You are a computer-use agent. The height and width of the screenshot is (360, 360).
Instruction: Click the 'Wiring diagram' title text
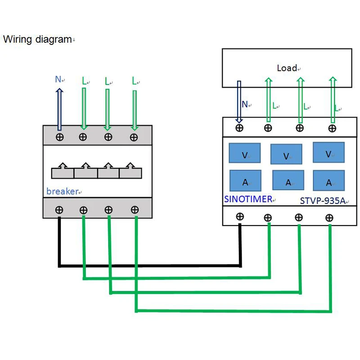pos(37,40)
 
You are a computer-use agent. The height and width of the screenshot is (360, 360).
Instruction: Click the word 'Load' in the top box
pos(287,68)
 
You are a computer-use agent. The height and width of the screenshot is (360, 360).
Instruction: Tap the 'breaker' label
pos(62,191)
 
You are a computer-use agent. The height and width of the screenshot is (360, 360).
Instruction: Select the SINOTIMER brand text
pos(248,199)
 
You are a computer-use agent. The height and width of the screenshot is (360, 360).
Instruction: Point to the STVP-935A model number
pos(322,201)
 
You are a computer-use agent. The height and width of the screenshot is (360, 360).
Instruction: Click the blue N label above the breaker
pos(58,80)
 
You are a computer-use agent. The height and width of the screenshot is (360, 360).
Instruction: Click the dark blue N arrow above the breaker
pos(59,108)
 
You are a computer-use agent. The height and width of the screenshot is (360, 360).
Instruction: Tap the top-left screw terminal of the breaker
pos(59,137)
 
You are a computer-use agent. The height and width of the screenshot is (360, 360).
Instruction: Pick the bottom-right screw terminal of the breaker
pos(134,209)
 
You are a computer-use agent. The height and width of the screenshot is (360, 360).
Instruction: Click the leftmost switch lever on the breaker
pos(63,171)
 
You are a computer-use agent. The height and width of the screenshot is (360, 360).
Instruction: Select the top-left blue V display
pos(245,153)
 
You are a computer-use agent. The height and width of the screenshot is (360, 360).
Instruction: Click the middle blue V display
pos(286,154)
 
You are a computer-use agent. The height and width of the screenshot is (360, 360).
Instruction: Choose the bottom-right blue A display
pos(328,181)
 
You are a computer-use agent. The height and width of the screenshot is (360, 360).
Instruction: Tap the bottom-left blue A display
pos(245,180)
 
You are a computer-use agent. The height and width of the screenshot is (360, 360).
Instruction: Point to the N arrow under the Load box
pos(239,101)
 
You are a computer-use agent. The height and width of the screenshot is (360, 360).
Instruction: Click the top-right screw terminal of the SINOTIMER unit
pos(332,128)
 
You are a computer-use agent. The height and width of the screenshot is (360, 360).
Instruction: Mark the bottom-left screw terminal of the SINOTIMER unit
pos(240,216)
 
